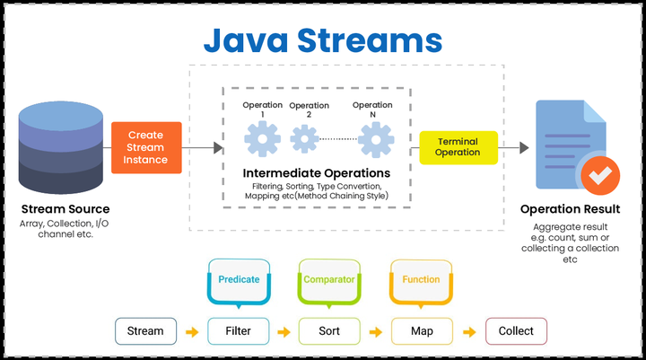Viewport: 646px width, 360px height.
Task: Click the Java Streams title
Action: coord(322,40)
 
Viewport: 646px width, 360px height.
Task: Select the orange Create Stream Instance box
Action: coord(146,147)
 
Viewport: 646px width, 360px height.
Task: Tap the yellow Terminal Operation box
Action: coord(458,147)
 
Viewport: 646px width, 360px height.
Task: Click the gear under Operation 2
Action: coord(305,139)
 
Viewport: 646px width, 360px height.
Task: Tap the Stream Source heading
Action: coord(61,209)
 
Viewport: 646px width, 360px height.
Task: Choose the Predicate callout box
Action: coord(239,279)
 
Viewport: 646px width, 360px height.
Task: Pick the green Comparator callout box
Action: coord(329,279)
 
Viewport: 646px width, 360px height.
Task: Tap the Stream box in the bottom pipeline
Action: coord(145,330)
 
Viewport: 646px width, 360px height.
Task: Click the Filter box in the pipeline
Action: coord(239,330)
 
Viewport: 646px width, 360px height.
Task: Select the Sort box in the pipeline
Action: coord(329,330)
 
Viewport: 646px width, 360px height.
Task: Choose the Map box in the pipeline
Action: coord(422,330)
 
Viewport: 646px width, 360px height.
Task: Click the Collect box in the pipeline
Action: coord(516,330)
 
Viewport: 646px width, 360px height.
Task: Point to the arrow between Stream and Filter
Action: coord(192,331)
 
